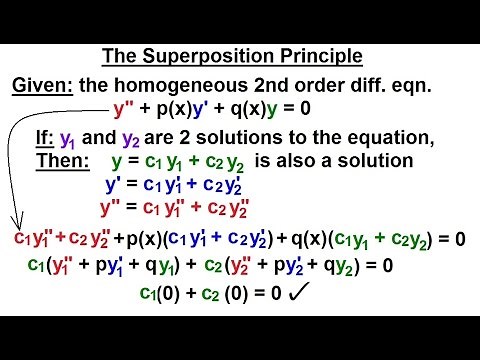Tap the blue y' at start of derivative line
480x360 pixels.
[x=112, y=185]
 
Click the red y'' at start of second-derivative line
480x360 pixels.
[x=110, y=208]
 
